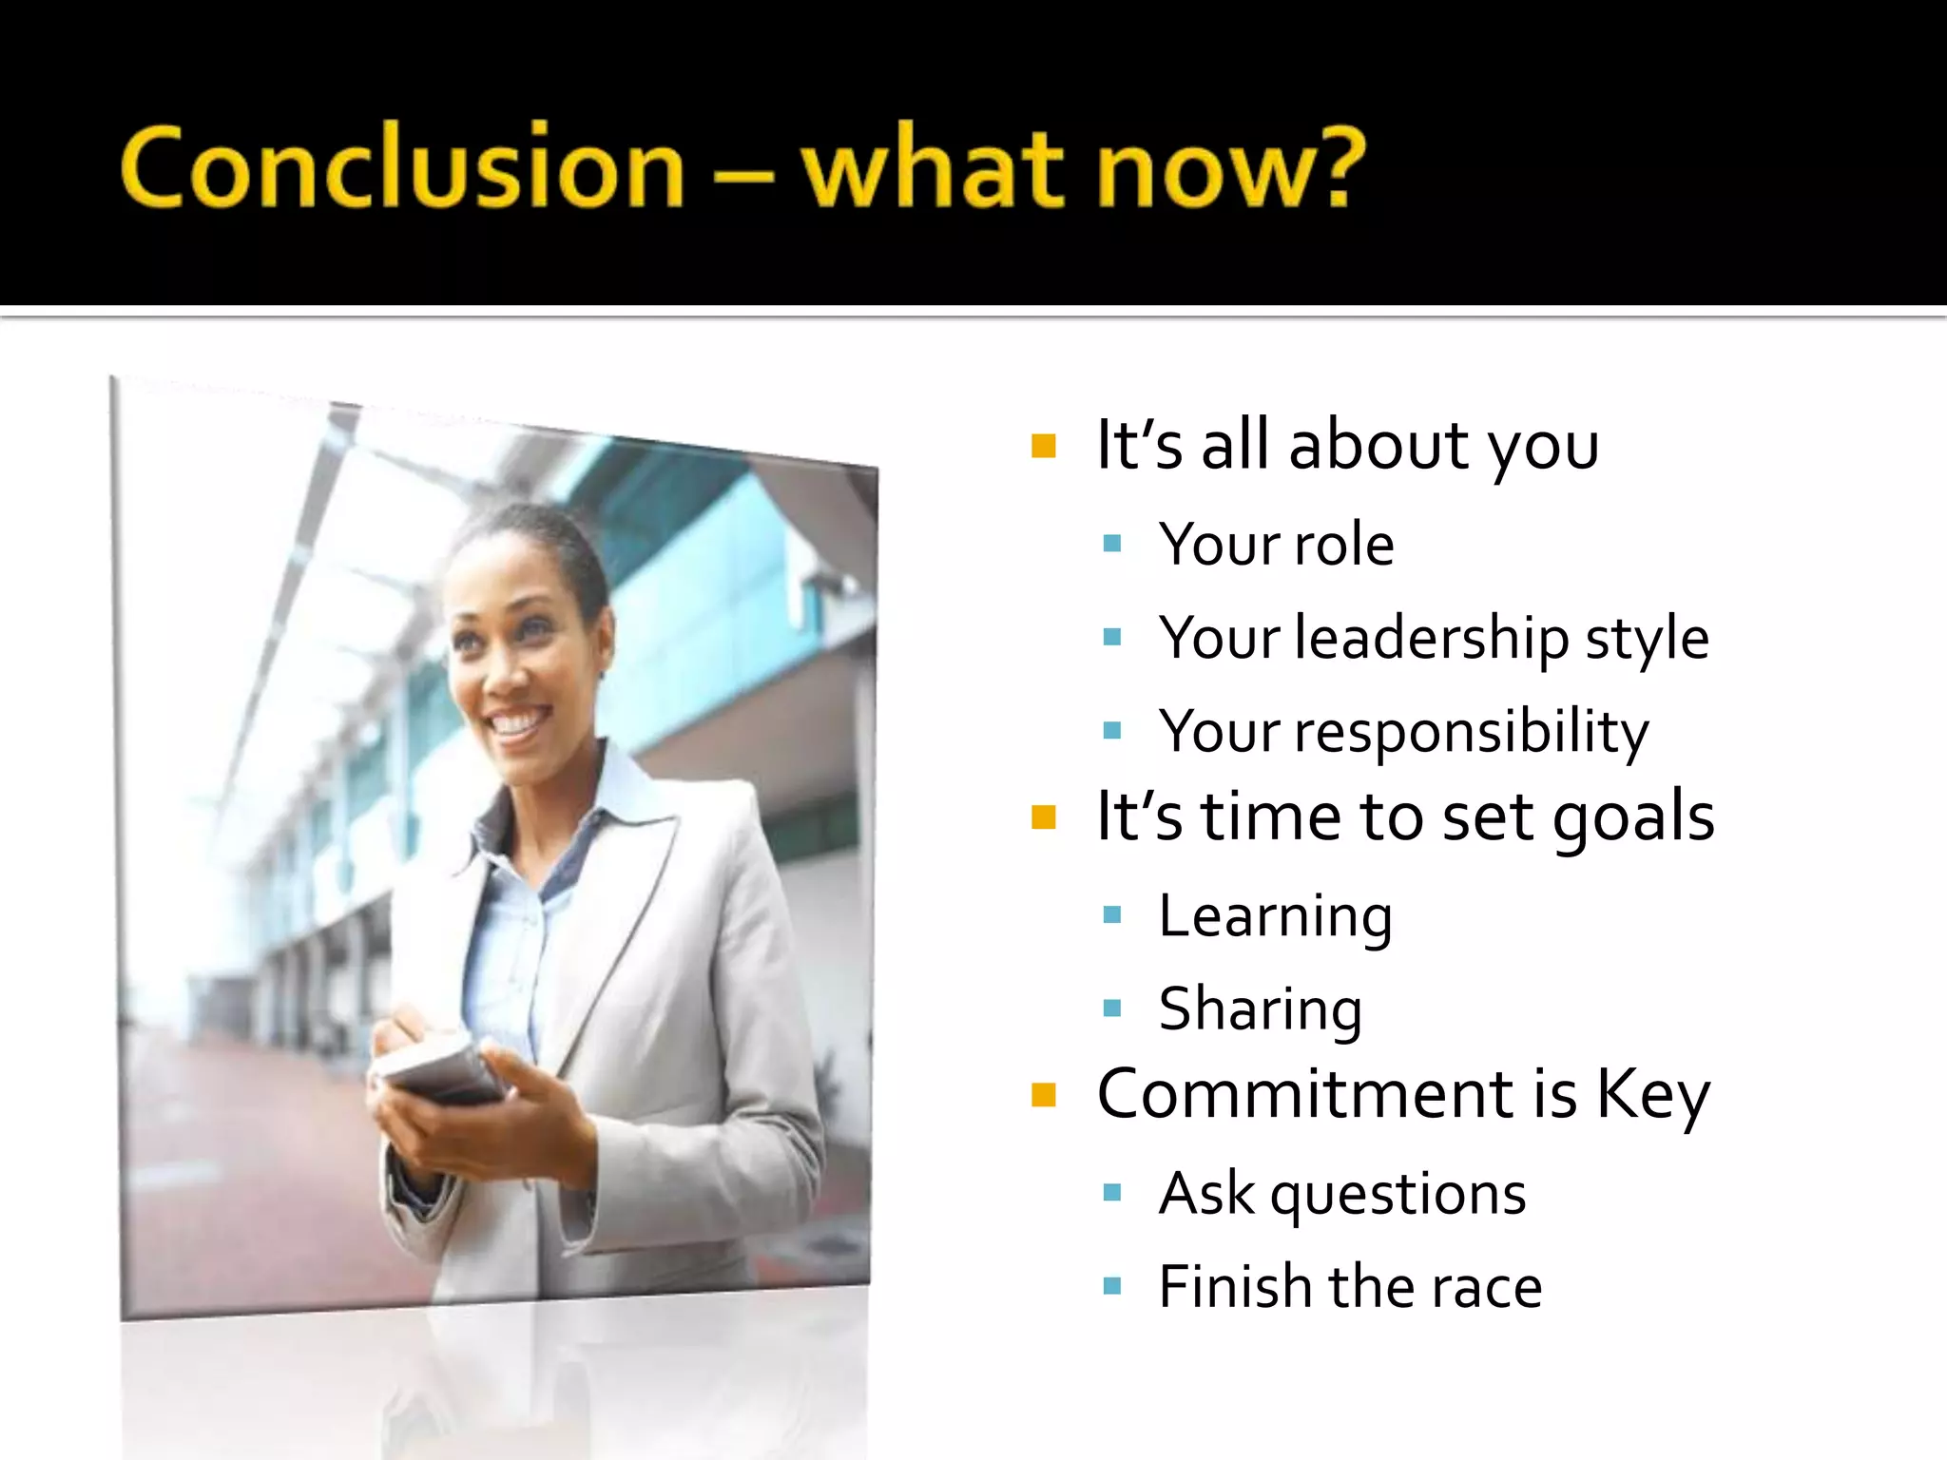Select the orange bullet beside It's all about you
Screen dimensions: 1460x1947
(x=1043, y=446)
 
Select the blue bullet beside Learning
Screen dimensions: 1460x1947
(x=1112, y=915)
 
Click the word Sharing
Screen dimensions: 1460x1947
(x=1261, y=1009)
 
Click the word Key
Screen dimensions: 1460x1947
(x=1652, y=1096)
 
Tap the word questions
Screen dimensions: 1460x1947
(x=1398, y=1195)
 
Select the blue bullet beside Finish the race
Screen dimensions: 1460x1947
(x=1112, y=1287)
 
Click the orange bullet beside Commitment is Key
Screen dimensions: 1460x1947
(x=1043, y=1095)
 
